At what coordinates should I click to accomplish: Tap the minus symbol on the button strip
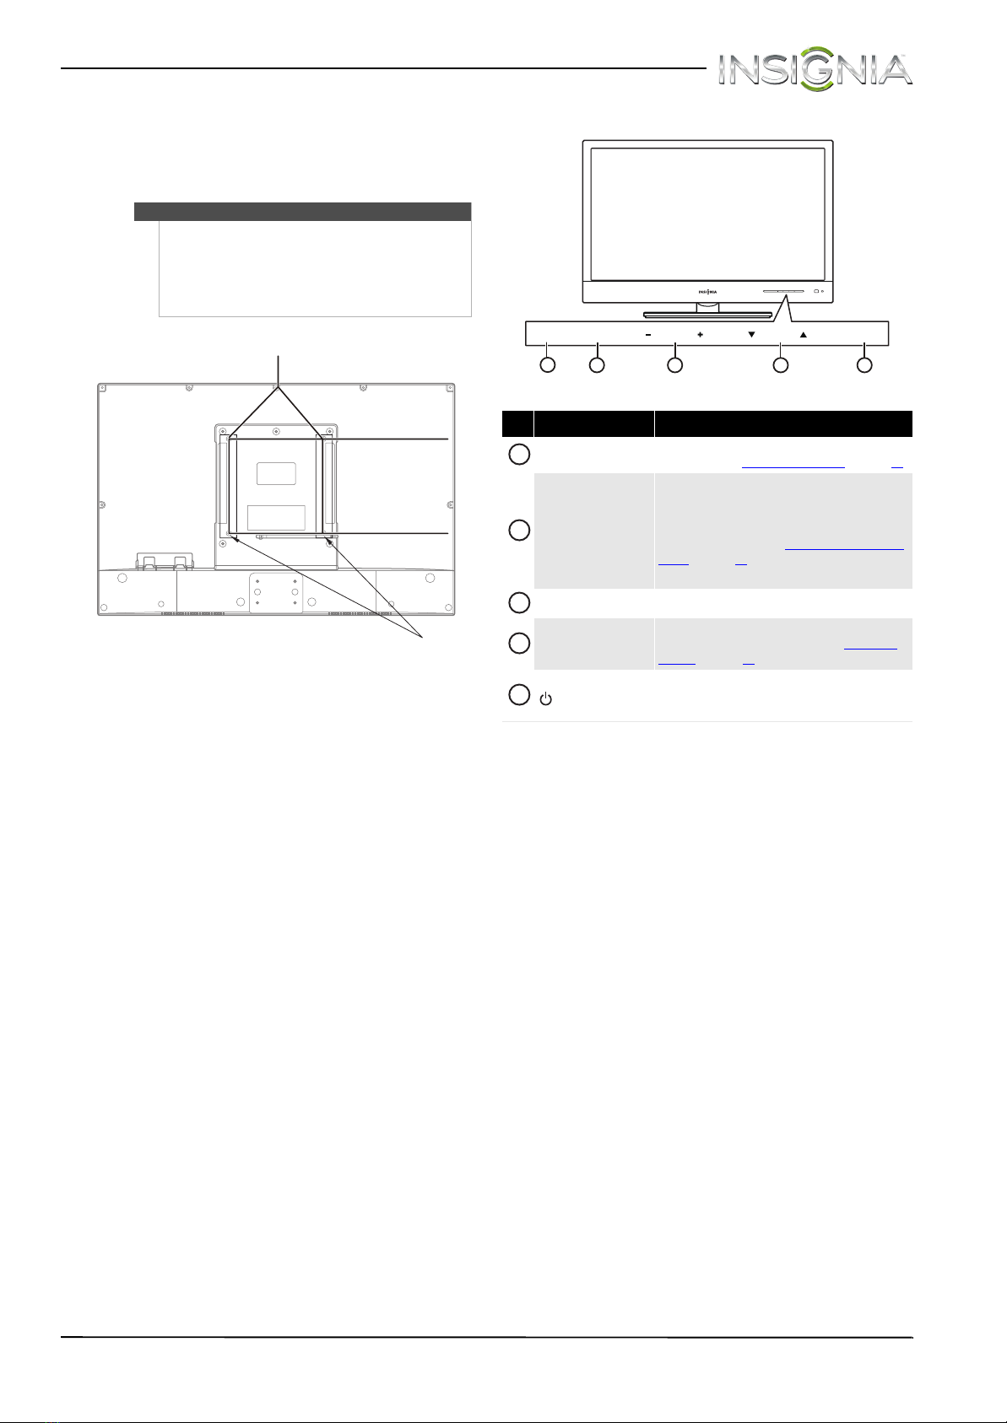(647, 335)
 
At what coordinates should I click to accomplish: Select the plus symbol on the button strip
(700, 334)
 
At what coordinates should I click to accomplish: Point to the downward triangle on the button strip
(751, 334)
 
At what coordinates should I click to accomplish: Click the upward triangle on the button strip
(804, 334)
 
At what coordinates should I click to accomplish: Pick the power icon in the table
(545, 699)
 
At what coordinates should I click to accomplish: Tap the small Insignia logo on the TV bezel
(707, 292)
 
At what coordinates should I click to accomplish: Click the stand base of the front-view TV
(707, 315)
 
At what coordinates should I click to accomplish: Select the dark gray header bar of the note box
(303, 212)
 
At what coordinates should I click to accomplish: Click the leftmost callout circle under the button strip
(547, 365)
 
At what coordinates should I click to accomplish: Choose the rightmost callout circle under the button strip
(864, 365)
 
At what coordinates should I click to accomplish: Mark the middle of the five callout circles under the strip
(674, 365)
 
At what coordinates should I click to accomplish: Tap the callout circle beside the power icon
(519, 694)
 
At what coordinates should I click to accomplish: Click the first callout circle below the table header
(519, 454)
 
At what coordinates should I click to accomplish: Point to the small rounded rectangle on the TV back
(276, 473)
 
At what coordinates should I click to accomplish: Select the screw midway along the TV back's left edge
(102, 505)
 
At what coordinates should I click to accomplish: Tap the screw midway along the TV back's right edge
(450, 505)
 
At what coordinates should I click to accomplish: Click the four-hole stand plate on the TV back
(276, 592)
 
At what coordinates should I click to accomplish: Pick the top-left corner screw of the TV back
(102, 387)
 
